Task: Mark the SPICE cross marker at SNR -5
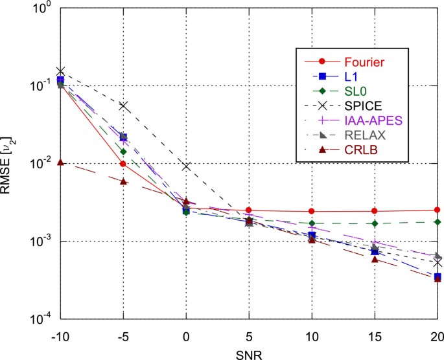123,105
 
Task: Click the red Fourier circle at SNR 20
438,210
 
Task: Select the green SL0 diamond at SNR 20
438,222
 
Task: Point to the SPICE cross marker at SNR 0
186,166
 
